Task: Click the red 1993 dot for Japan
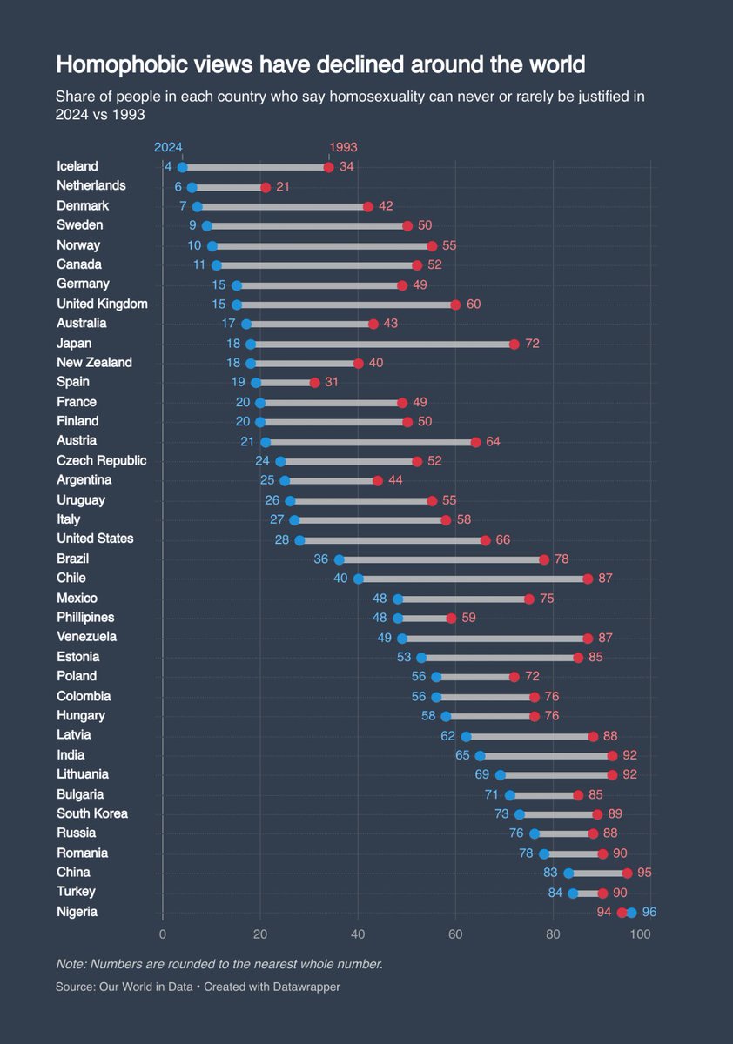(x=514, y=344)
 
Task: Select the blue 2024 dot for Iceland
(x=182, y=167)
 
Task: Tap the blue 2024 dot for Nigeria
(x=631, y=912)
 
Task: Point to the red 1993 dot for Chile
(x=588, y=579)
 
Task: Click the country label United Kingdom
(x=102, y=304)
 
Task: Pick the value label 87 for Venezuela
(x=606, y=638)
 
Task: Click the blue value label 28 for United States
(x=281, y=539)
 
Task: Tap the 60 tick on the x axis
(x=455, y=934)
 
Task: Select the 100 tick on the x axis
(x=640, y=934)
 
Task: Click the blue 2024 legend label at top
(x=168, y=148)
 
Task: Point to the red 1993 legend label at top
(x=343, y=148)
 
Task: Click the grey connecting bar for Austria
(x=370, y=442)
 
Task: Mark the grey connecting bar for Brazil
(x=441, y=559)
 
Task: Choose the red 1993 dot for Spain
(x=314, y=383)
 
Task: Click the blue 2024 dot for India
(x=480, y=756)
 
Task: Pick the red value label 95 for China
(x=644, y=873)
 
